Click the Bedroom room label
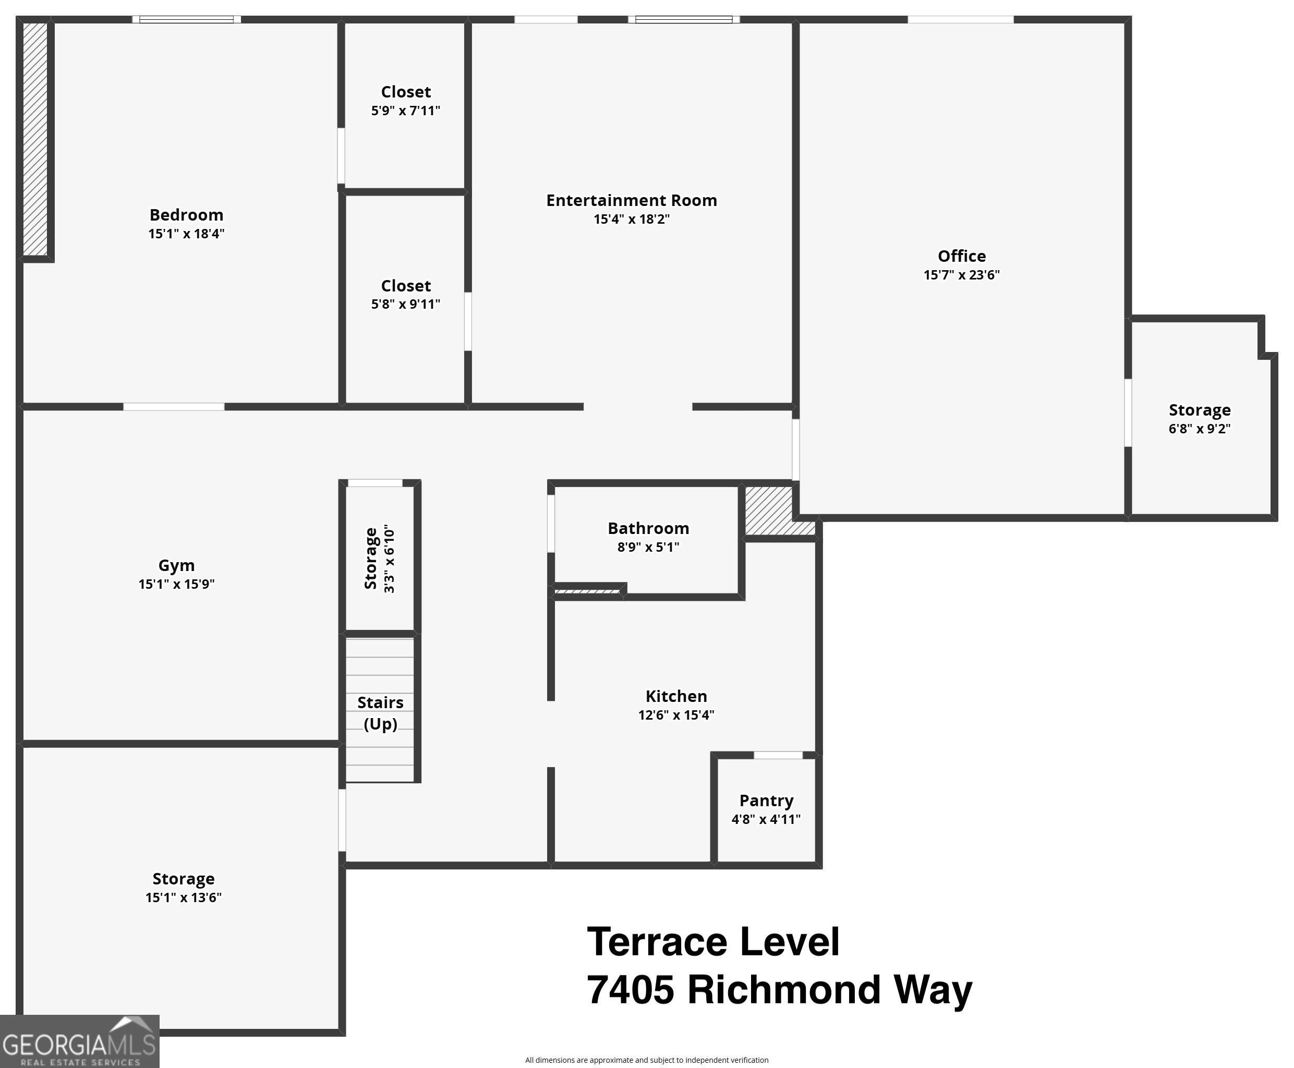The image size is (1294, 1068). click(186, 215)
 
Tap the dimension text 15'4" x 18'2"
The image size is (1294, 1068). click(631, 219)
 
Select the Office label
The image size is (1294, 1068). click(961, 256)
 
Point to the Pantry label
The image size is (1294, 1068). click(766, 800)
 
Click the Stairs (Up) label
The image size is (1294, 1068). click(380, 712)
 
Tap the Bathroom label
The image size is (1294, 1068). click(648, 528)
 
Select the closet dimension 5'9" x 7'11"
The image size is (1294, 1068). click(405, 111)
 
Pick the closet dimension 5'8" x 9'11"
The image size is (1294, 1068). click(405, 304)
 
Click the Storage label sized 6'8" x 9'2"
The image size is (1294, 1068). click(1199, 410)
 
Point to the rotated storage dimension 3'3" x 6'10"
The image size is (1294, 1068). click(390, 559)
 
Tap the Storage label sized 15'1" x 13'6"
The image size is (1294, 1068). click(184, 879)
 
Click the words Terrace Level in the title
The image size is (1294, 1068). click(712, 942)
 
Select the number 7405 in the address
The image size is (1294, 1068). click(630, 990)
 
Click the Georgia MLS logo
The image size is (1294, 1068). click(79, 1041)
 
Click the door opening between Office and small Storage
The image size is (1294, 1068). click(1128, 412)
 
